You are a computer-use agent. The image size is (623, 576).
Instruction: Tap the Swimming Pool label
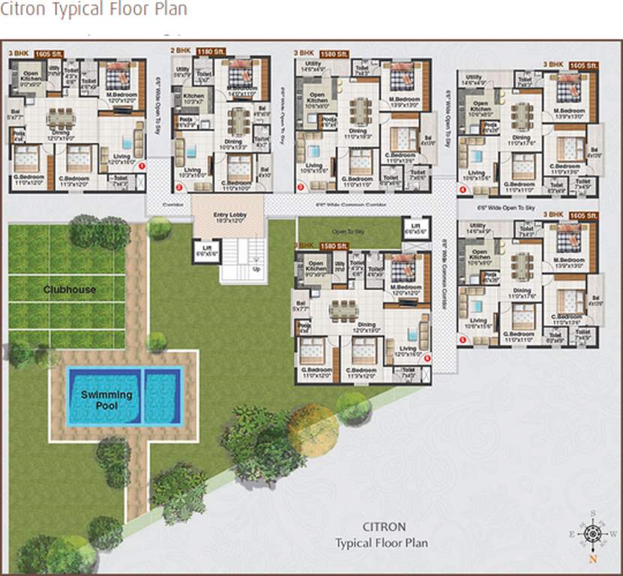[x=106, y=400]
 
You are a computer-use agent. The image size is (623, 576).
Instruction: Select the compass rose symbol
[x=592, y=533]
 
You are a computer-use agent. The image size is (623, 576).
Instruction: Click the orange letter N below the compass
[x=592, y=558]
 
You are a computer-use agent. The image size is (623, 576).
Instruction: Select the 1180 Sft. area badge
[x=210, y=52]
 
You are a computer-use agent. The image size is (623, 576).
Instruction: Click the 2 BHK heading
[x=181, y=52]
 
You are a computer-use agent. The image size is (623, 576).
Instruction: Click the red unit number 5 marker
[x=462, y=340]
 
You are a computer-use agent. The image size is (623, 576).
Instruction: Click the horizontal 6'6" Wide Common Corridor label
[x=361, y=202]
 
